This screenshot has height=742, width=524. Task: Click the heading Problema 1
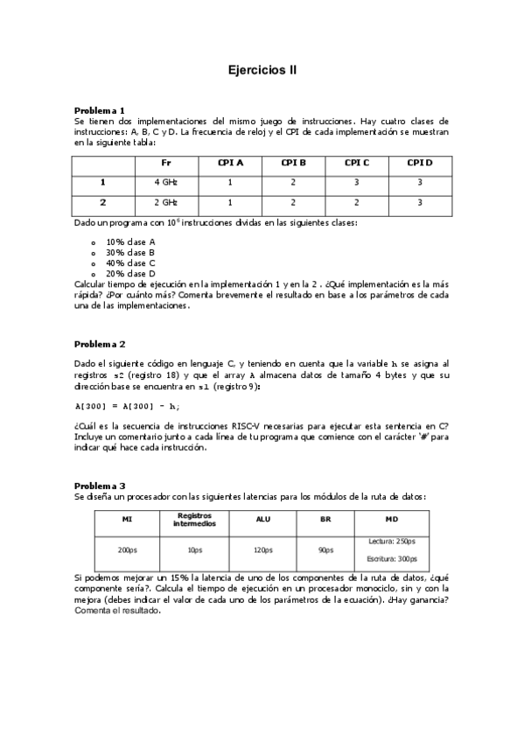click(x=100, y=110)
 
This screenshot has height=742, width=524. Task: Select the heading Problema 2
click(x=100, y=344)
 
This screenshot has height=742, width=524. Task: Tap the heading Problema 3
click(x=100, y=486)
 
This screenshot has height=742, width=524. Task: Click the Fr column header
click(x=166, y=163)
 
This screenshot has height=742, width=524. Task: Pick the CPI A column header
click(x=230, y=163)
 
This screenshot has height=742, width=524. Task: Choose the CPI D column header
click(x=419, y=163)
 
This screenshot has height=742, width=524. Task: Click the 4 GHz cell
click(x=166, y=182)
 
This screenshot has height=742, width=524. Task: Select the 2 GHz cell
click(x=166, y=202)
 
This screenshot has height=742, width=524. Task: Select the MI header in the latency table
click(x=127, y=520)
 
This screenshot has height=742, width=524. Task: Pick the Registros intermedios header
click(x=194, y=520)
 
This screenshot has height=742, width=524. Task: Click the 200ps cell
click(x=127, y=550)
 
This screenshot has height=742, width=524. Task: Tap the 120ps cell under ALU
click(x=262, y=550)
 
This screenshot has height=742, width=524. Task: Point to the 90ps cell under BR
click(x=326, y=550)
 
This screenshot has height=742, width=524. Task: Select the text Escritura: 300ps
click(x=392, y=558)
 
